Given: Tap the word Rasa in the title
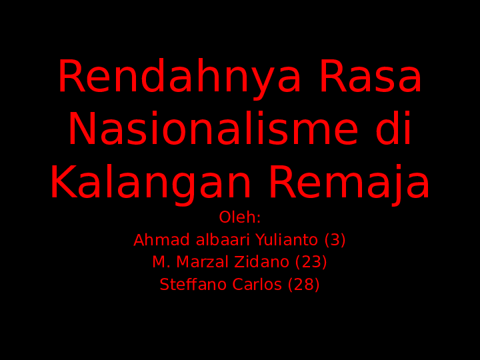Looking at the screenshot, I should (370, 78).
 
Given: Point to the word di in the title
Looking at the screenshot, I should (393, 130).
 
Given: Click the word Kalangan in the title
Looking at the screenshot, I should (151, 183).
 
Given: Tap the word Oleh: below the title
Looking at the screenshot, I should (240, 218).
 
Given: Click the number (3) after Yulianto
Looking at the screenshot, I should (335, 240).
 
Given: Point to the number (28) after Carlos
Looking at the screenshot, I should (304, 285).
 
